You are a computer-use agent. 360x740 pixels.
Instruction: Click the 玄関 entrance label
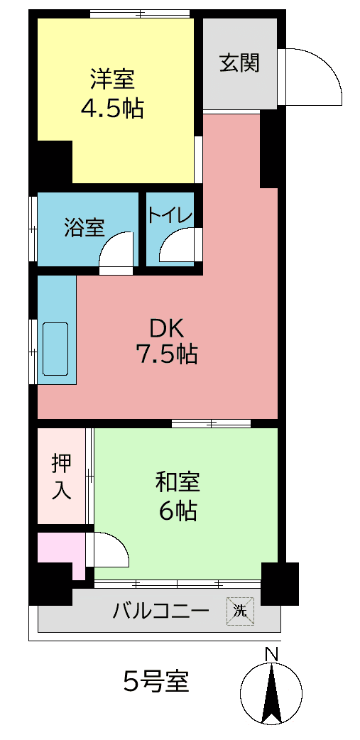click(239, 63)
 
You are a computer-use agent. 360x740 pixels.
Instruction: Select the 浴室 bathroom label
click(84, 228)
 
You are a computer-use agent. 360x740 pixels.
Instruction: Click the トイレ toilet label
click(170, 215)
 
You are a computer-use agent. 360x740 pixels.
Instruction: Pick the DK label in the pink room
click(166, 328)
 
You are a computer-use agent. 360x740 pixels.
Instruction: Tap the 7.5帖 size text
click(166, 353)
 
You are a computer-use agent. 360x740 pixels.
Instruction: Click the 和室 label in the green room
click(178, 482)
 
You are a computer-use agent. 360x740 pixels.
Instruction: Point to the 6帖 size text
click(178, 510)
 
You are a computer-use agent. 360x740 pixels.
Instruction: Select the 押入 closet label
click(61, 476)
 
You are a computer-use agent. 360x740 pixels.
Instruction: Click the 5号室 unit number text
click(156, 682)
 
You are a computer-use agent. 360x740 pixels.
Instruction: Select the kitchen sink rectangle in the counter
click(55, 349)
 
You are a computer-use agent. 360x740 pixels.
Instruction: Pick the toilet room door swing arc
click(176, 248)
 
